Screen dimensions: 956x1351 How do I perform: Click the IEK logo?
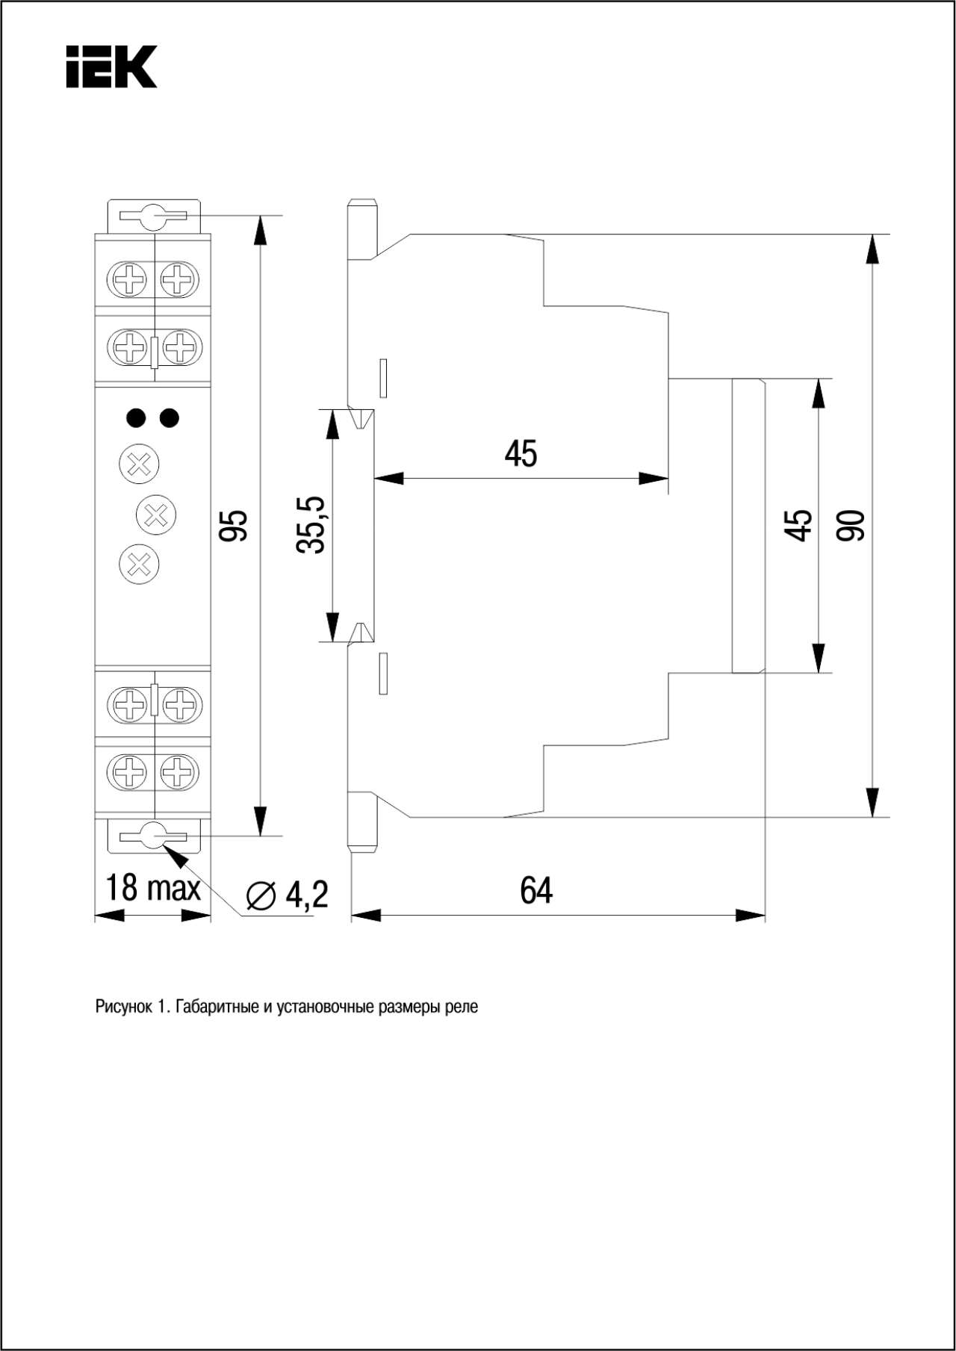click(111, 67)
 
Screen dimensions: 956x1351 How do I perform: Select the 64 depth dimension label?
click(536, 890)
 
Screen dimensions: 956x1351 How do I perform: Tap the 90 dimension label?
click(851, 526)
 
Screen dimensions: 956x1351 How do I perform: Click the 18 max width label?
click(153, 887)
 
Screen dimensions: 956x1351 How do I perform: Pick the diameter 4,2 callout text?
click(287, 894)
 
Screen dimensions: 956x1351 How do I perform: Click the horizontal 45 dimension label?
click(521, 453)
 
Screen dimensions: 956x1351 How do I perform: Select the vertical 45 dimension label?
click(798, 525)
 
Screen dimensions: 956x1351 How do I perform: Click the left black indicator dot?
click(137, 417)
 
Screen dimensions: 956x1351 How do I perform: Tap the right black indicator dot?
click(170, 417)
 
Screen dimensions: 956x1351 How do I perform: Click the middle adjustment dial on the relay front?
click(156, 515)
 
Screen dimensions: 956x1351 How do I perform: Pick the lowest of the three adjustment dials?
click(140, 564)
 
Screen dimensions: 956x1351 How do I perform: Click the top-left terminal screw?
click(131, 280)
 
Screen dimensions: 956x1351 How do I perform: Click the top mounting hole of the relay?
click(155, 217)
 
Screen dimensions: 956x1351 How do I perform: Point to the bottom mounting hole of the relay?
click(155, 835)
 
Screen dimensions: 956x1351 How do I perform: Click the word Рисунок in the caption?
click(123, 1007)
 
